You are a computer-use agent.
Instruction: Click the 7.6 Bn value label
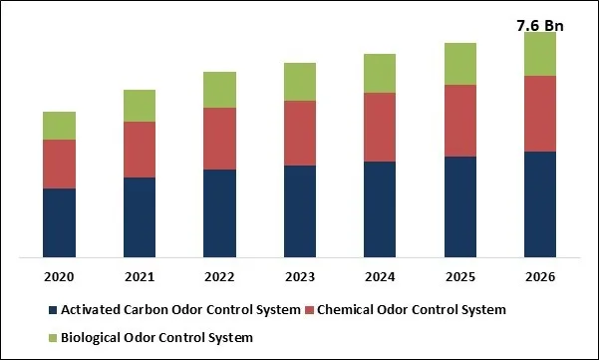539,25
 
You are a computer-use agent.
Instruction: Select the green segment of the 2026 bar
539,54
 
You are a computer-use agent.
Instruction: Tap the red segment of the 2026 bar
539,114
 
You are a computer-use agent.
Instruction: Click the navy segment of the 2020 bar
60,223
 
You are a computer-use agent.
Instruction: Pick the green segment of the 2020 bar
60,126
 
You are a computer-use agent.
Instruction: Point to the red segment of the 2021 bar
140,150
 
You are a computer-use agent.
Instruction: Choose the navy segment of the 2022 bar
219,214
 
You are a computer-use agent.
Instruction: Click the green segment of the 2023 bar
300,82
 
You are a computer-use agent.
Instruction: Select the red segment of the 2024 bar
380,128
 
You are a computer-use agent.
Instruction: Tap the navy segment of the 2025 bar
459,207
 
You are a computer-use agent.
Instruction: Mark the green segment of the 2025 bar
459,64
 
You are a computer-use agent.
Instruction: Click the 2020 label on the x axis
60,275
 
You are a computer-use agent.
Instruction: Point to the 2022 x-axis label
219,275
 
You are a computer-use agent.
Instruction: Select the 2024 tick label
380,275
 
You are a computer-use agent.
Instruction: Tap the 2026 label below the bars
539,275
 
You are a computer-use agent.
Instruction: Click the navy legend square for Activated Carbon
53,310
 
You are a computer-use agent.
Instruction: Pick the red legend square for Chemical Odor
310,310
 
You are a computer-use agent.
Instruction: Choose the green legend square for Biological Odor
53,338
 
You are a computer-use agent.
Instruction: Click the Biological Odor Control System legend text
157,338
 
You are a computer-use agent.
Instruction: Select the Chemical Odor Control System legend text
412,310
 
